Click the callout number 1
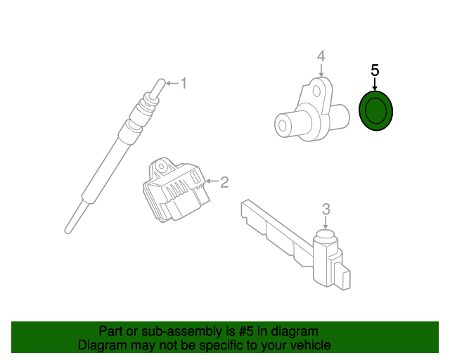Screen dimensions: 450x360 (x=184, y=83)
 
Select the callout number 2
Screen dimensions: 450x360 (x=224, y=182)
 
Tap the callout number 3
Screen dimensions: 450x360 (x=326, y=210)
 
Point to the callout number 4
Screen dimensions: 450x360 (x=321, y=56)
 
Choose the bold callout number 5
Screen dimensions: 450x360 (x=375, y=70)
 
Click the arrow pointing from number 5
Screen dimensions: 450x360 (x=375, y=84)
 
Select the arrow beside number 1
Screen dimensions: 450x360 (x=172, y=83)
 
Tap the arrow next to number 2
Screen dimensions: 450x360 (x=212, y=181)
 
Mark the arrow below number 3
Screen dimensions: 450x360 (x=325, y=223)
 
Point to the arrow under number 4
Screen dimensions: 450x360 (x=321, y=70)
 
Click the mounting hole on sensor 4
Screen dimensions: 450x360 (x=316, y=91)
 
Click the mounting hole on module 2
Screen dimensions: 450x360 (x=162, y=167)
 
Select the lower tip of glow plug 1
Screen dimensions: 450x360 (x=67, y=231)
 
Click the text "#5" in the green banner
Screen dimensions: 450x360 (x=246, y=331)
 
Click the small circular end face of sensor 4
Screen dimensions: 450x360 (x=283, y=125)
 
